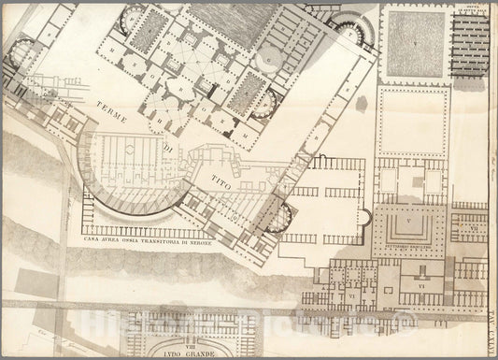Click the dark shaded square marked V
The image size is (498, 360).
pyautogui.click(x=414, y=45)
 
